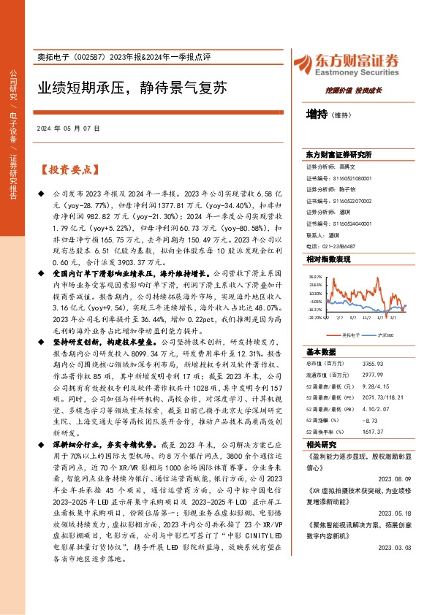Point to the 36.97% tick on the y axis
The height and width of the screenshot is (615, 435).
pos(315,277)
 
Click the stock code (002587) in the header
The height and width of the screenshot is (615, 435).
pos(94,58)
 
